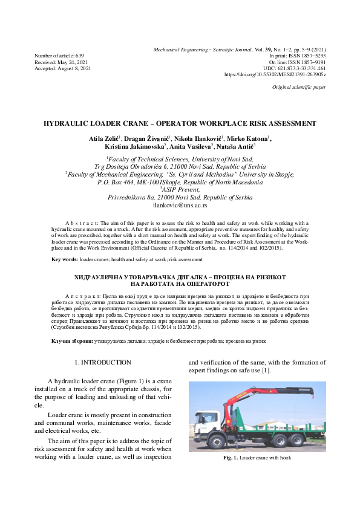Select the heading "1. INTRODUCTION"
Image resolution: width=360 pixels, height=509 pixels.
pos(102,362)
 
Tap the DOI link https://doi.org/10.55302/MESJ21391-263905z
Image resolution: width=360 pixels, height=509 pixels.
pos(275,74)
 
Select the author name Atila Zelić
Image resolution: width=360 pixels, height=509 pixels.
pos(104,140)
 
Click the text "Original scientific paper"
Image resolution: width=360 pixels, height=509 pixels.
pos(299,88)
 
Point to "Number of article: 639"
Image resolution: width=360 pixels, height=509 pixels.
pos(59,55)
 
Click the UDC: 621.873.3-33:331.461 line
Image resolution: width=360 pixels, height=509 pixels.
pos(294,68)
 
